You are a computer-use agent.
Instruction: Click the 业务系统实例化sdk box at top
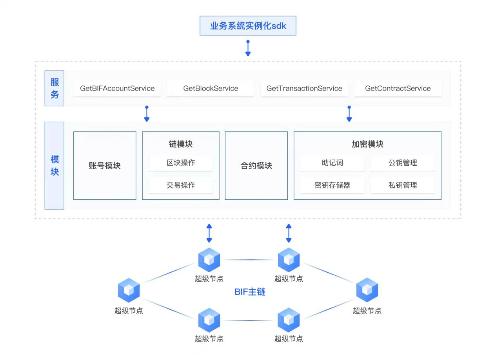pyautogui.click(x=248, y=26)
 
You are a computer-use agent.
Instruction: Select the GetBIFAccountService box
pyautogui.click(x=117, y=89)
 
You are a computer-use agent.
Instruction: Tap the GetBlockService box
pyautogui.click(x=211, y=89)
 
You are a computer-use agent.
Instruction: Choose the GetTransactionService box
pyautogui.click(x=304, y=89)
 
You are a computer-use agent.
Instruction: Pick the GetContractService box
pyautogui.click(x=398, y=89)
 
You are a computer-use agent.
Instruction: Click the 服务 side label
pyautogui.click(x=55, y=88)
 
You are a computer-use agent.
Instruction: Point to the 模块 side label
pyautogui.click(x=55, y=165)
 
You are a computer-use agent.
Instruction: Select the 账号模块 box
pyautogui.click(x=105, y=166)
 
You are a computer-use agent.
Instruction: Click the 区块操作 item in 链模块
pyautogui.click(x=181, y=163)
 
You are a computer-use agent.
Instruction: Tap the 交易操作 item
pyautogui.click(x=181, y=185)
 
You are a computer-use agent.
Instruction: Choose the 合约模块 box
pyautogui.click(x=256, y=166)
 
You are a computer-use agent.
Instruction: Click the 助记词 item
pyautogui.click(x=332, y=163)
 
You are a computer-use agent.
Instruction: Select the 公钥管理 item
pyautogui.click(x=403, y=163)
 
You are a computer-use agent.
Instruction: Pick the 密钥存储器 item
pyautogui.click(x=332, y=185)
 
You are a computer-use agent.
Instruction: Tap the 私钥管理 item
pyautogui.click(x=403, y=185)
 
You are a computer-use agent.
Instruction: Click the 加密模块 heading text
pyautogui.click(x=367, y=144)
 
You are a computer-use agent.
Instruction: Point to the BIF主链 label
pyautogui.click(x=250, y=292)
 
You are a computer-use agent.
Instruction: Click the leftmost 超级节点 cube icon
pyautogui.click(x=129, y=290)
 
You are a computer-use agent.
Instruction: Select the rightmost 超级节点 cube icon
pyautogui.click(x=367, y=290)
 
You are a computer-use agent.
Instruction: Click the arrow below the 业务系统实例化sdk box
pyautogui.click(x=248, y=48)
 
